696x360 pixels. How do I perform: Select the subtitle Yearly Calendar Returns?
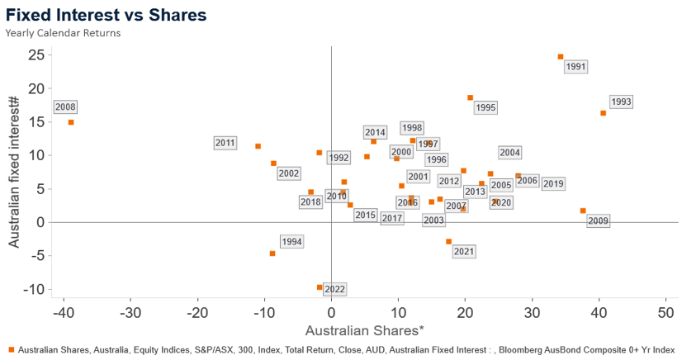point(63,33)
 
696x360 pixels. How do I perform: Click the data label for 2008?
point(65,107)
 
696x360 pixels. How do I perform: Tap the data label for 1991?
point(576,67)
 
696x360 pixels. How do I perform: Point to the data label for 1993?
point(621,102)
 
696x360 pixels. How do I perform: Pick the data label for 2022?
point(334,289)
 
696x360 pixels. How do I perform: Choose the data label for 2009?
point(598,220)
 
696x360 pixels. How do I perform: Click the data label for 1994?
point(291,242)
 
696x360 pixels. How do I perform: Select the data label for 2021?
point(464,251)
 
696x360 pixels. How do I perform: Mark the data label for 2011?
point(225,143)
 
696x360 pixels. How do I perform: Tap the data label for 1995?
point(485,107)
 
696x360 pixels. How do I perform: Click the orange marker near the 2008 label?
point(71,122)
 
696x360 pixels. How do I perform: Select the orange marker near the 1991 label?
point(561,57)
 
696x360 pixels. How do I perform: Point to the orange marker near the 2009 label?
point(583,211)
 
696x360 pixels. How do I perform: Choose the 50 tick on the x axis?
point(665,314)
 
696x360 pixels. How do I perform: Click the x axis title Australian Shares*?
point(364,331)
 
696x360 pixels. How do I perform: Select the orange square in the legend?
point(11,350)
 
